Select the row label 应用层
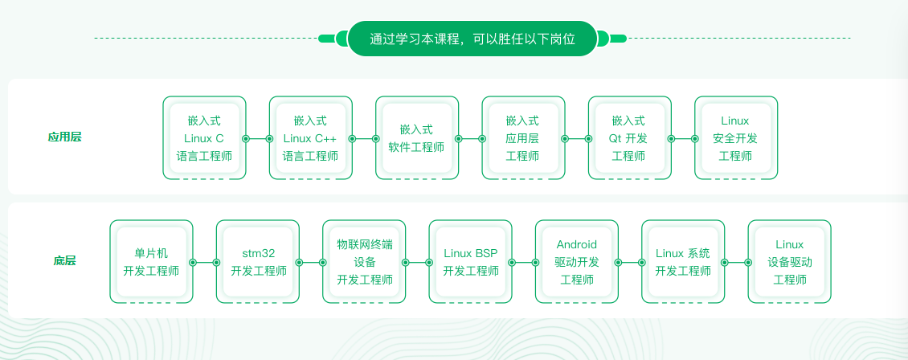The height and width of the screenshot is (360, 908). (64, 137)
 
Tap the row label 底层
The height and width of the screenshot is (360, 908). (64, 261)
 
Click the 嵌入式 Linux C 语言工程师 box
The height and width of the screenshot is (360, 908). (204, 137)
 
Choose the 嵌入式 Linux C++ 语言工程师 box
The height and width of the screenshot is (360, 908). (310, 137)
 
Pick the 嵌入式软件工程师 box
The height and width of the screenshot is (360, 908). (417, 137)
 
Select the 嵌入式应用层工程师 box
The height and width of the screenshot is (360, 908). (523, 137)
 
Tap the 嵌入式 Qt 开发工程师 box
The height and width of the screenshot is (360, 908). (629, 137)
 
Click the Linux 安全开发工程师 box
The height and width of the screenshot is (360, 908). (736, 137)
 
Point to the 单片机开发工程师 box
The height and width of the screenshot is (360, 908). (151, 262)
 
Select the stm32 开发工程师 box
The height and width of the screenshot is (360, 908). (258, 262)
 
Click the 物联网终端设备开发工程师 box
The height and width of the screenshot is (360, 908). (364, 262)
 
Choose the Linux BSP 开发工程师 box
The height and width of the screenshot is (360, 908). (470, 262)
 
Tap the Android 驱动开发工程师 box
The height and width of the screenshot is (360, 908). (577, 262)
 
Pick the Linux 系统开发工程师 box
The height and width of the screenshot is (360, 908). (683, 262)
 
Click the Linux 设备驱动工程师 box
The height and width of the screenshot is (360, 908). (789, 262)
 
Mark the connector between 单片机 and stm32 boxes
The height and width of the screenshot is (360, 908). (204, 262)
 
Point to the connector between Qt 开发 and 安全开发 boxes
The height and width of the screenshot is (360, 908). (683, 139)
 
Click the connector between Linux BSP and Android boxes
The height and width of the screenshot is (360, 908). (523, 262)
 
